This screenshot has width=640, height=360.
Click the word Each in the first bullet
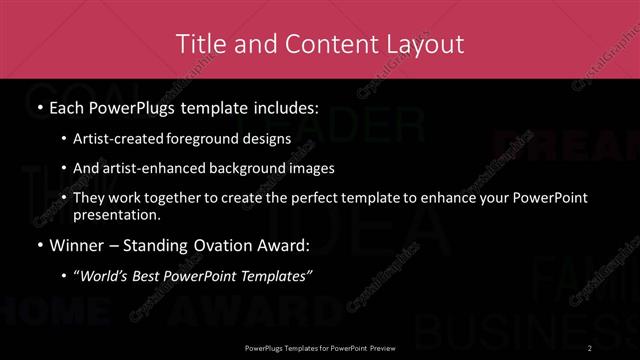69,105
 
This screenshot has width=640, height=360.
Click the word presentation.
124,215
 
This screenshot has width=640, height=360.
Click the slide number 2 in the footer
592,347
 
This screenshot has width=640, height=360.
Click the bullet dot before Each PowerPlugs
39,106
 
